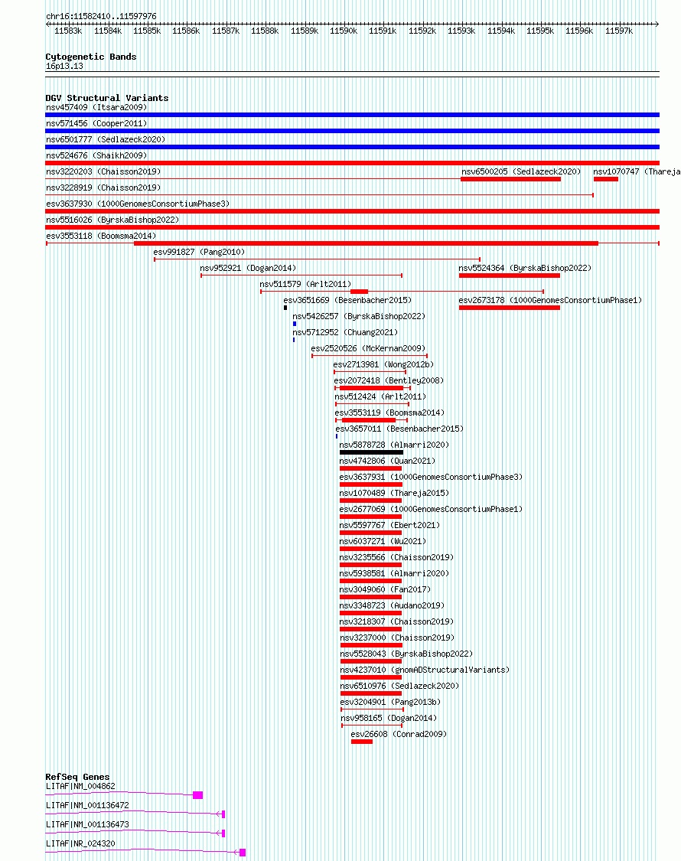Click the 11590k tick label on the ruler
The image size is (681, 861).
344,31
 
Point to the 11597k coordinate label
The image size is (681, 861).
619,31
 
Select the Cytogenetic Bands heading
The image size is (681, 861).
90,57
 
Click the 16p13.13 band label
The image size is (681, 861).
64,66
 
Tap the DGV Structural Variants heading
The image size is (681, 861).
107,98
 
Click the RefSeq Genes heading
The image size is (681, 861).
77,777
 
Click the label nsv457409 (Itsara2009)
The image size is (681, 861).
96,108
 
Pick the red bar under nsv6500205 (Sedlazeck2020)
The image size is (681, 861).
511,179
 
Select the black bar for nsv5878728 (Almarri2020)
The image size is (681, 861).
371,452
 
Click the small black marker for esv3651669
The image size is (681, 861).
285,308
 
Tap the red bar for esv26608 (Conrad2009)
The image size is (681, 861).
362,742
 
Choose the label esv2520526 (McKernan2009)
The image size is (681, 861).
368,349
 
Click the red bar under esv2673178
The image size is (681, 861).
510,308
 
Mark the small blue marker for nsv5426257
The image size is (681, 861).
295,324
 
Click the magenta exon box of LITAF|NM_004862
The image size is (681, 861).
198,795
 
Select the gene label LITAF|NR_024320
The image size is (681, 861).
81,844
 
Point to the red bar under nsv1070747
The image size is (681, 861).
606,179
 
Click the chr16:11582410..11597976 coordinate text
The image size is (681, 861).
101,17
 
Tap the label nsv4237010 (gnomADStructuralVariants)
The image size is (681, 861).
425,670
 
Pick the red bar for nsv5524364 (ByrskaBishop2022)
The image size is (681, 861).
510,276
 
